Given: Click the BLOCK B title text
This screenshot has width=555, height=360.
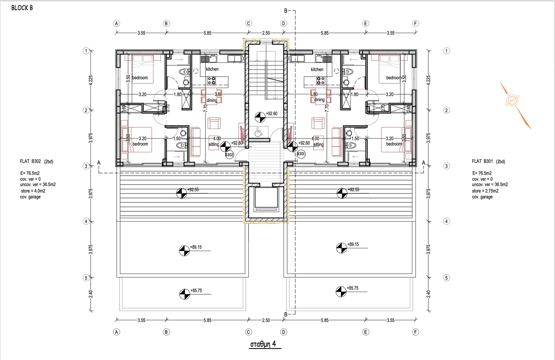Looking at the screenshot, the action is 22,8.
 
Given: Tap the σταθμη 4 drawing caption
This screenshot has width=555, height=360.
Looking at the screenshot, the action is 263,344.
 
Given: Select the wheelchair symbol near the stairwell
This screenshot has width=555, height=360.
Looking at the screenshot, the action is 258,132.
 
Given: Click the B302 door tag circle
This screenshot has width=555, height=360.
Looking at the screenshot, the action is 229,155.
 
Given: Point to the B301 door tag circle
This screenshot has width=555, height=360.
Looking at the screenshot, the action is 301,154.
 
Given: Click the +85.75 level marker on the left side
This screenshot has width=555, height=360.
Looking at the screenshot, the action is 184,294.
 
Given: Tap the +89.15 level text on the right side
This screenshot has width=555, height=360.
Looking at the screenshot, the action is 353,244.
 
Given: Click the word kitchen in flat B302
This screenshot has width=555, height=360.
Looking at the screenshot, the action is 212,69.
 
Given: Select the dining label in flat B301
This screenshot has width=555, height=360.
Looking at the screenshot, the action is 319,100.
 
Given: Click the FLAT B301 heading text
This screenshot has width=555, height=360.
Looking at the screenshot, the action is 482,161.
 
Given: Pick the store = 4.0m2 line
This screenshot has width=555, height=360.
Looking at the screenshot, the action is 33,191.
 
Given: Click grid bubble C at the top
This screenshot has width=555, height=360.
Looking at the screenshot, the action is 248,24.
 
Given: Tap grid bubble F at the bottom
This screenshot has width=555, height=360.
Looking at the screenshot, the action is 416,332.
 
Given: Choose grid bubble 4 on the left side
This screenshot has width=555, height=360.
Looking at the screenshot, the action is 86,221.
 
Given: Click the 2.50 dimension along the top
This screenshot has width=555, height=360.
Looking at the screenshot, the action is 266,33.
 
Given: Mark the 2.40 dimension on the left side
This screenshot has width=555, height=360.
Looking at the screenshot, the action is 91,294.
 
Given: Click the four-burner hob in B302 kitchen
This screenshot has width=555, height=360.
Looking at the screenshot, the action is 211,80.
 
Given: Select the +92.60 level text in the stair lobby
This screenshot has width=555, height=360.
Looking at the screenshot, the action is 271,114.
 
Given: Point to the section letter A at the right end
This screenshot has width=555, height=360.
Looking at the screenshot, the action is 424,163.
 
